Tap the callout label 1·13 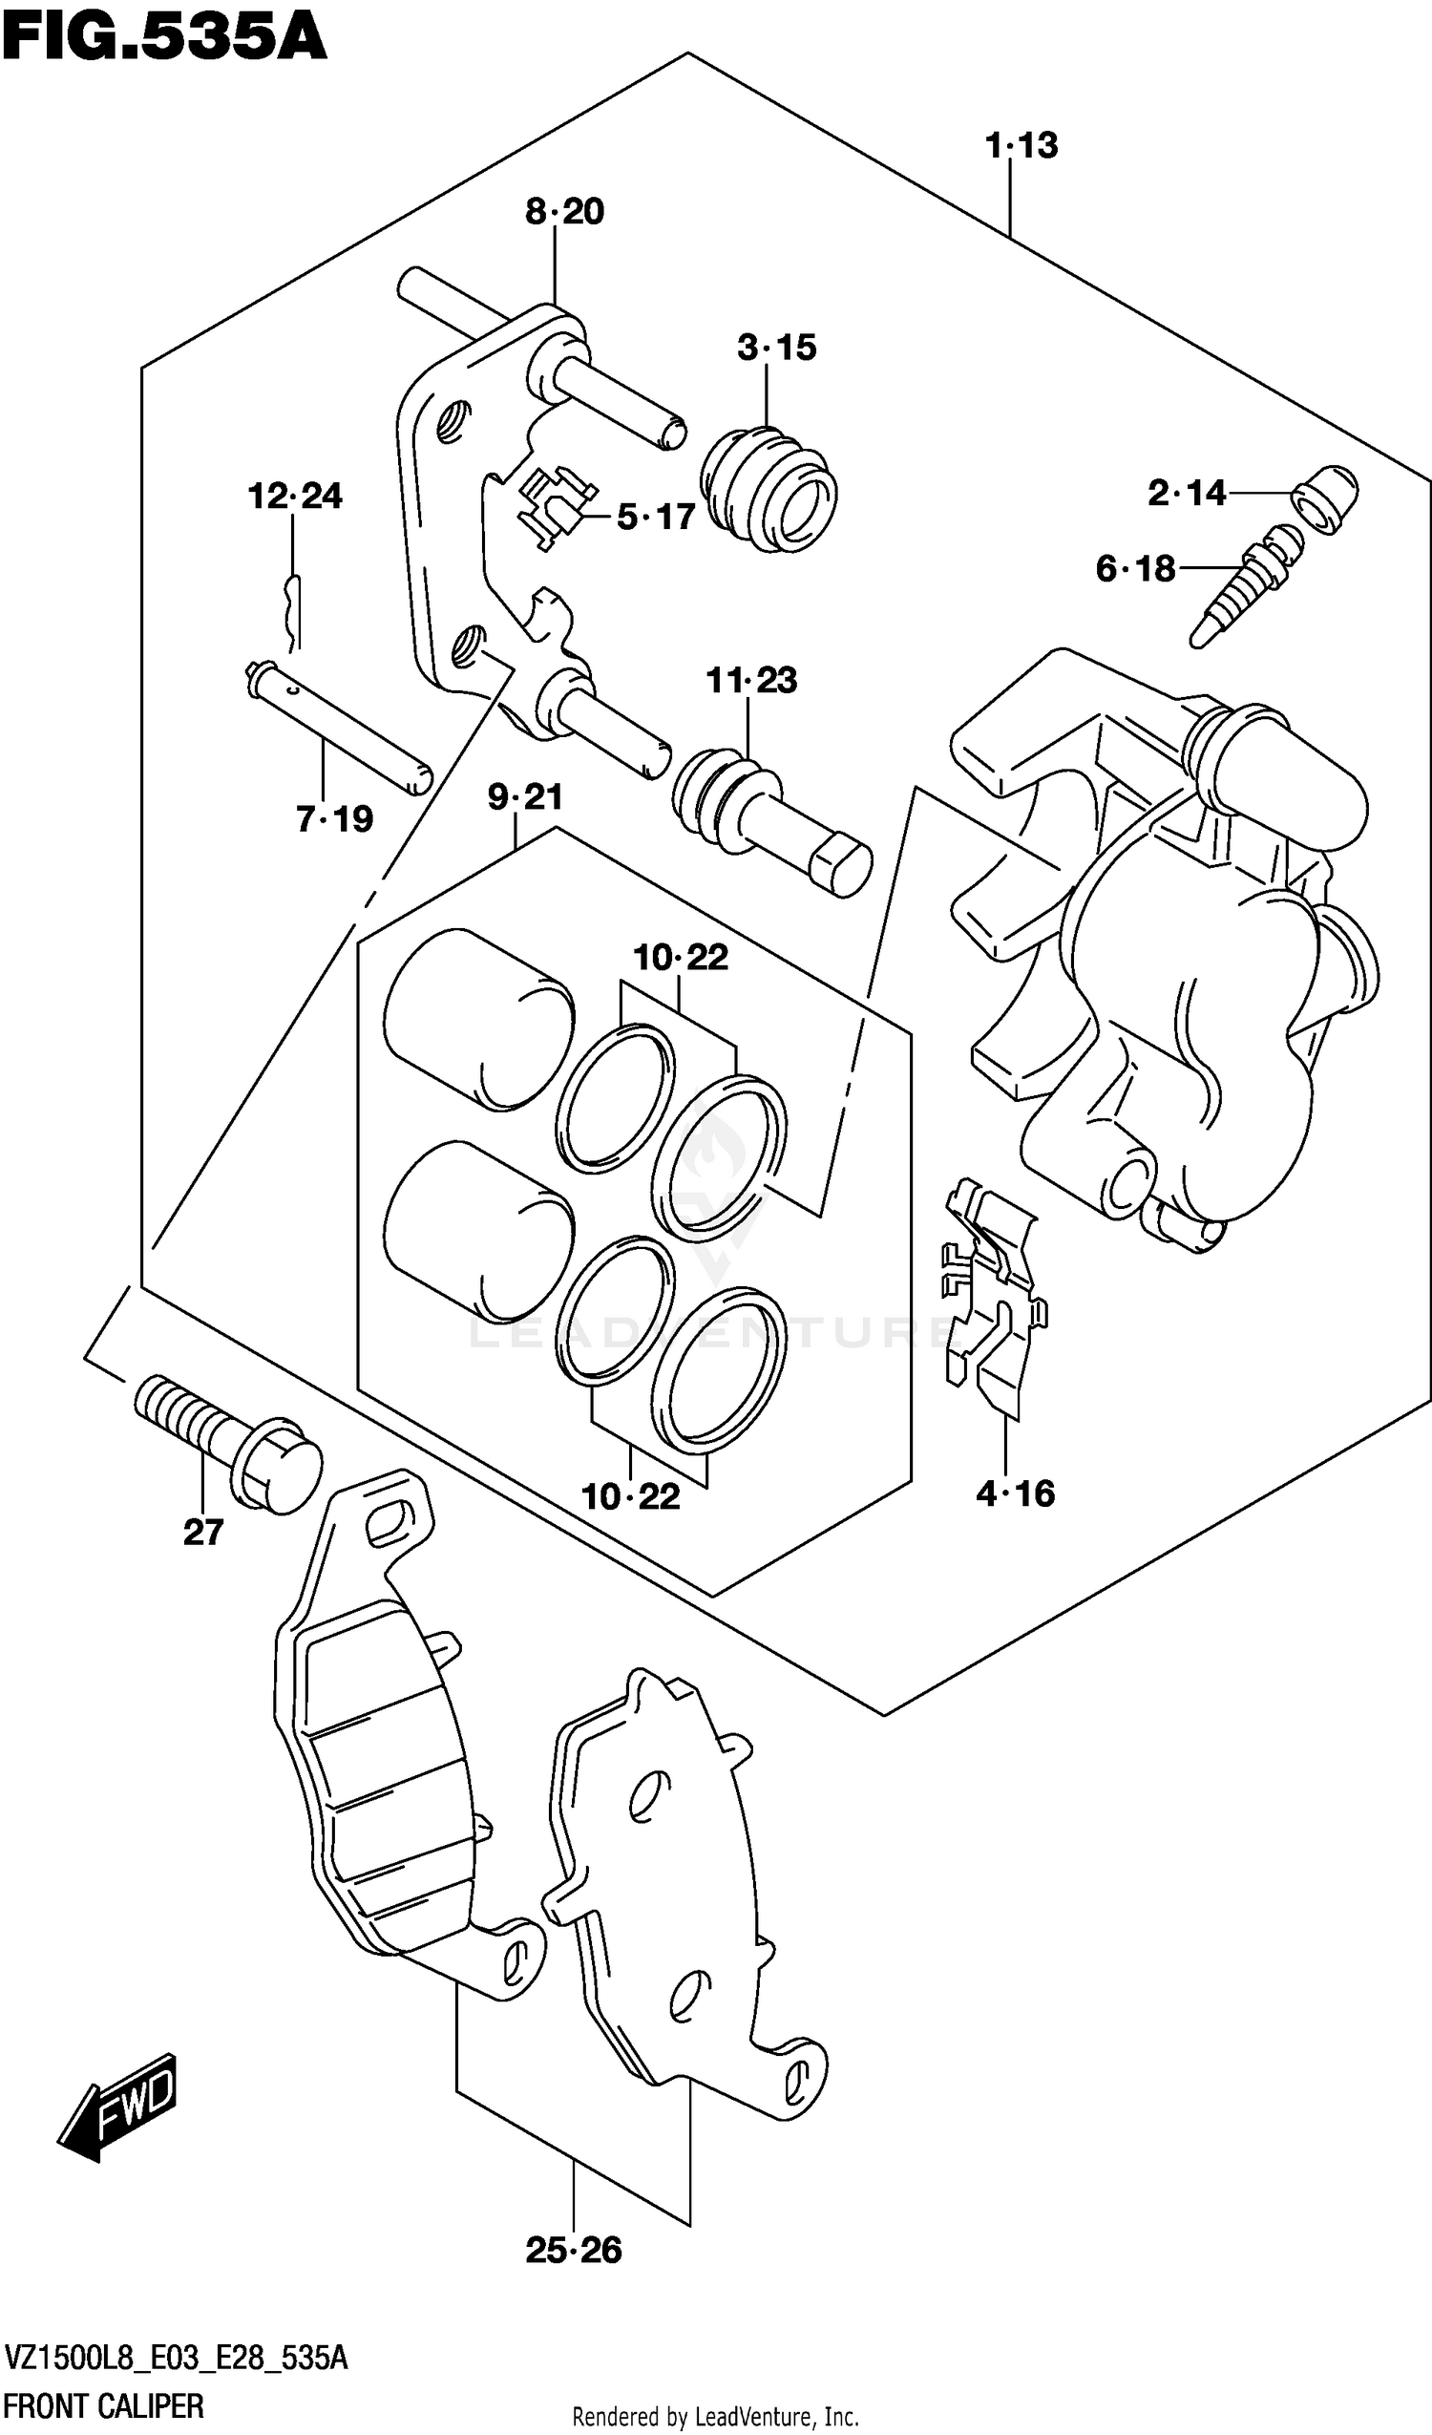[x=1021, y=146]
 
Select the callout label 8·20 [x=564, y=212]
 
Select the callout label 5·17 [x=656, y=517]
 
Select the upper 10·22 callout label [x=681, y=958]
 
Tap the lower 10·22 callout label [x=630, y=1496]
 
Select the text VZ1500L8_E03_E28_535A [x=176, y=2359]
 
